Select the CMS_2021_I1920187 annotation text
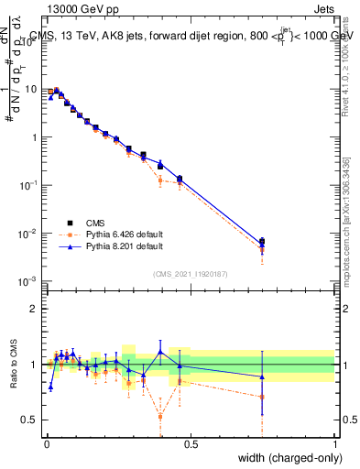tap(191, 273)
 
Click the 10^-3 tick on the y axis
tap(29, 281)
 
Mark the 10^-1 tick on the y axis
tap(29, 185)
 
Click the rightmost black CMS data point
tap(262, 242)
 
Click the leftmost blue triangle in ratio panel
tap(50, 387)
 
